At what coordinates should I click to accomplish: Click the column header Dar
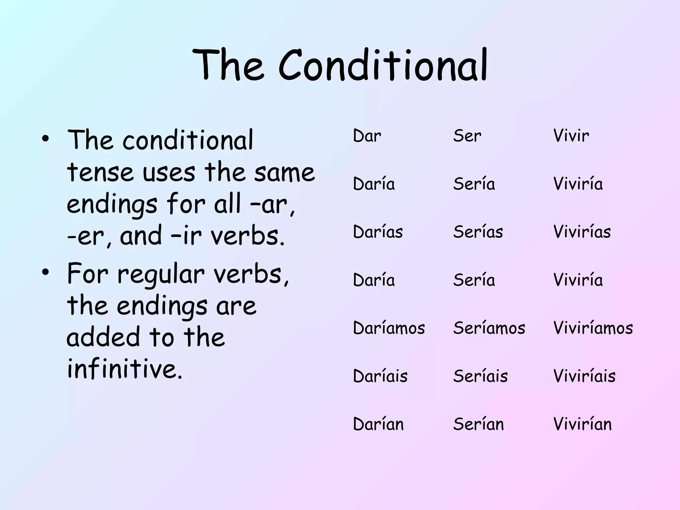pos(367,136)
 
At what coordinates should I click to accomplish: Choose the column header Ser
pos(467,136)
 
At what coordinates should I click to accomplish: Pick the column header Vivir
pos(571,136)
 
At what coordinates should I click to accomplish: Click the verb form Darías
pos(378,231)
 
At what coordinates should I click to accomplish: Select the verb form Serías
pos(478,231)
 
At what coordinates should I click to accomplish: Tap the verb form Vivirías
pos(582,231)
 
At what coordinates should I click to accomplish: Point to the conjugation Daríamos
pos(389,328)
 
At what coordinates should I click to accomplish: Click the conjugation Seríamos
pos(489,328)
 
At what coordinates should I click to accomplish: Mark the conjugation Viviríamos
pos(593,328)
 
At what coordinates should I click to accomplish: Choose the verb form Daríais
pos(380,376)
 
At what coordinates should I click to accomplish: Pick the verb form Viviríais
pos(584,376)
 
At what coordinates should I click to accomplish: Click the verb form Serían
pos(478,424)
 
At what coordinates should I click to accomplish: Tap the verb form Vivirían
pos(582,424)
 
